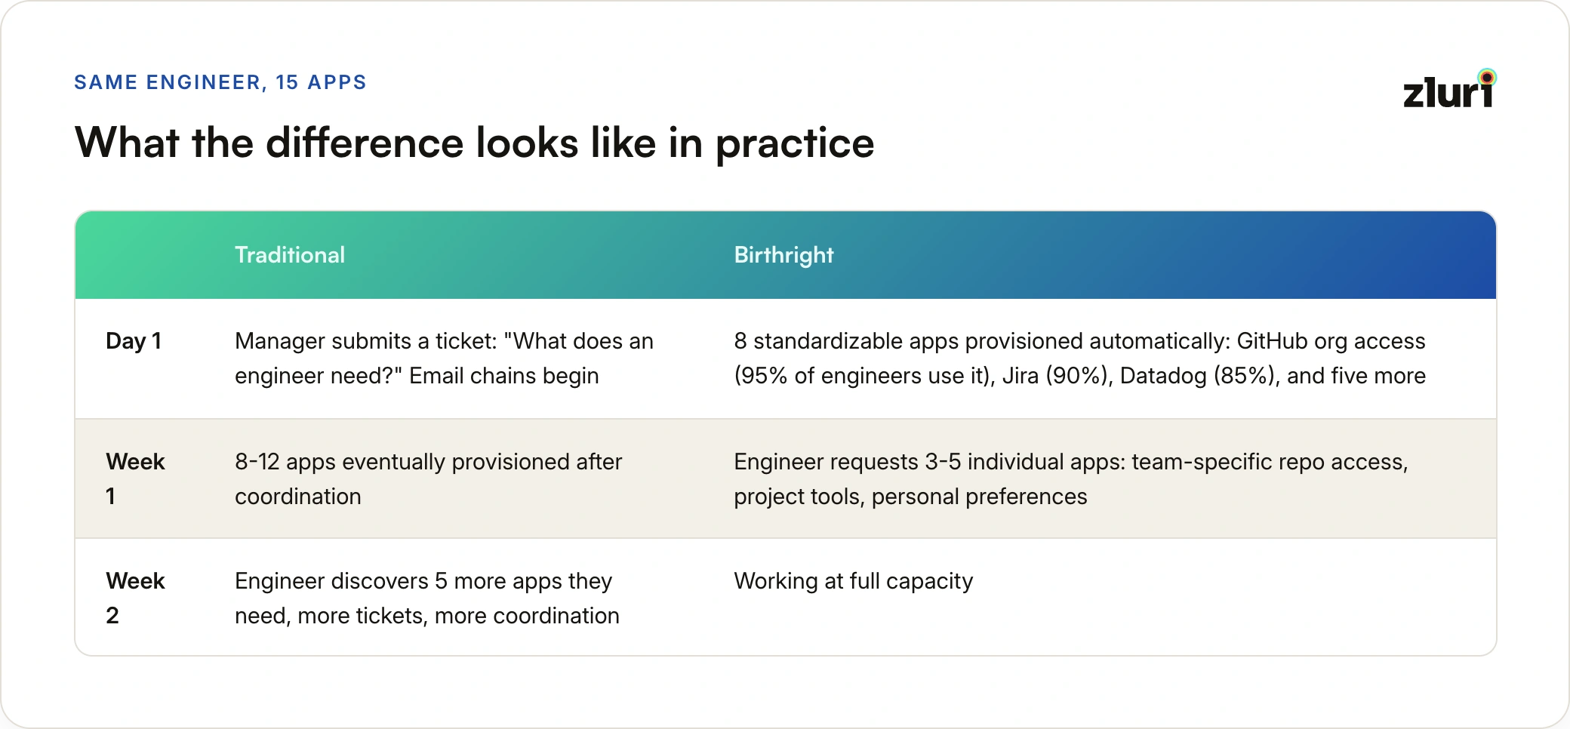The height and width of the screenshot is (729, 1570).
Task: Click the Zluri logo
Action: (x=1449, y=88)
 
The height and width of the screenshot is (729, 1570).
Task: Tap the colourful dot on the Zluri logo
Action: (x=1487, y=77)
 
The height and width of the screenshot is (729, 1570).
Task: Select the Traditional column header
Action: (x=290, y=255)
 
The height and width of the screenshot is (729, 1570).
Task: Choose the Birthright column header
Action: (x=783, y=256)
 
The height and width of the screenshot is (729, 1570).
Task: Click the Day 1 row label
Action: (x=134, y=341)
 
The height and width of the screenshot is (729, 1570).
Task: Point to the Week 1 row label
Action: (x=135, y=478)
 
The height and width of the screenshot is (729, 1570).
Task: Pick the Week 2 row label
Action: (x=135, y=598)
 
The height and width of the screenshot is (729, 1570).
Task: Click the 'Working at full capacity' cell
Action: (x=854, y=581)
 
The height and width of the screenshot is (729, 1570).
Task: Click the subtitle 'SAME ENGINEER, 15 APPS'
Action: (x=220, y=82)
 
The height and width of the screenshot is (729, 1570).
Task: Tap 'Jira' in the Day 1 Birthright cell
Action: (x=1020, y=376)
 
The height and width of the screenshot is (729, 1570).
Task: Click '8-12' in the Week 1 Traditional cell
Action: (x=257, y=462)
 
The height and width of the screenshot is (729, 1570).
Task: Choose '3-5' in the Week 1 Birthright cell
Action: (x=943, y=462)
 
